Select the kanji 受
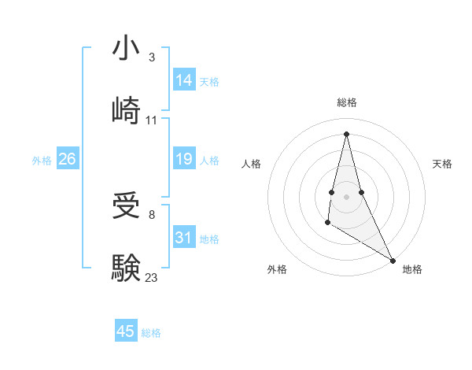126,206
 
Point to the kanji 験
126,268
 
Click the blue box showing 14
184,80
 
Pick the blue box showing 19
184,160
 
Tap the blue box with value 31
184,238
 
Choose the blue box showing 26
67,160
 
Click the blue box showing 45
126,331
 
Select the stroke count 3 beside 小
151,57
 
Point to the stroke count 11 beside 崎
152,120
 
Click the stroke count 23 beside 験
152,277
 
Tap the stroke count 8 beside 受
151,215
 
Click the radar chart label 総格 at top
347,103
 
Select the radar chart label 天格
443,164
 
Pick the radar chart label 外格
277,269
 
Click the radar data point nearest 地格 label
393,260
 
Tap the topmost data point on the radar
346,133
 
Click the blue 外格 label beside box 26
42,161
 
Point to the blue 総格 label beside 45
151,333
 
